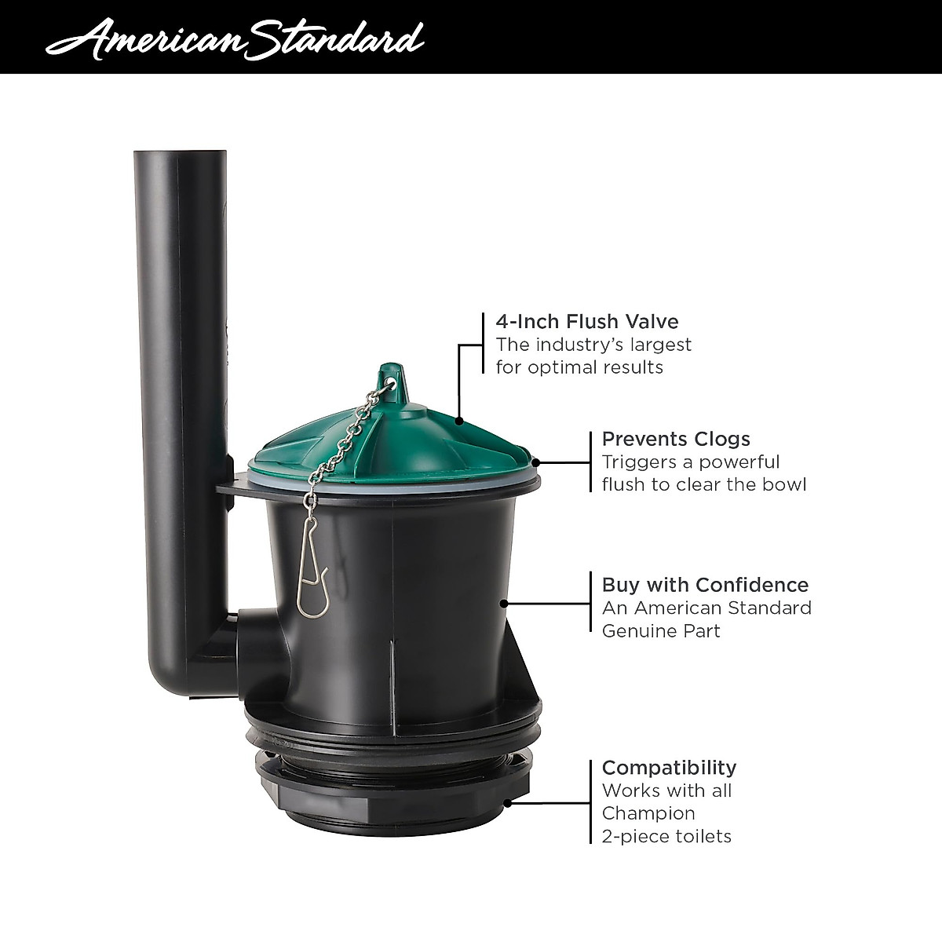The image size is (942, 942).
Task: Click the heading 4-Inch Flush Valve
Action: (587, 321)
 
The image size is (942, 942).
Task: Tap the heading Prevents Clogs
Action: (676, 439)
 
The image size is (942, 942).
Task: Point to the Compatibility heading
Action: (669, 767)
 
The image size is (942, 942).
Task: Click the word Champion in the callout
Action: (648, 813)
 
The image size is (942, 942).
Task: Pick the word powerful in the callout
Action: (739, 462)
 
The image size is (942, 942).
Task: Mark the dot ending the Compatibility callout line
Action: (509, 802)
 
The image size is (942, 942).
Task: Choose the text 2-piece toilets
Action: (666, 836)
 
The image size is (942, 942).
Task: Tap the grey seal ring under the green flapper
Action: (392, 481)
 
